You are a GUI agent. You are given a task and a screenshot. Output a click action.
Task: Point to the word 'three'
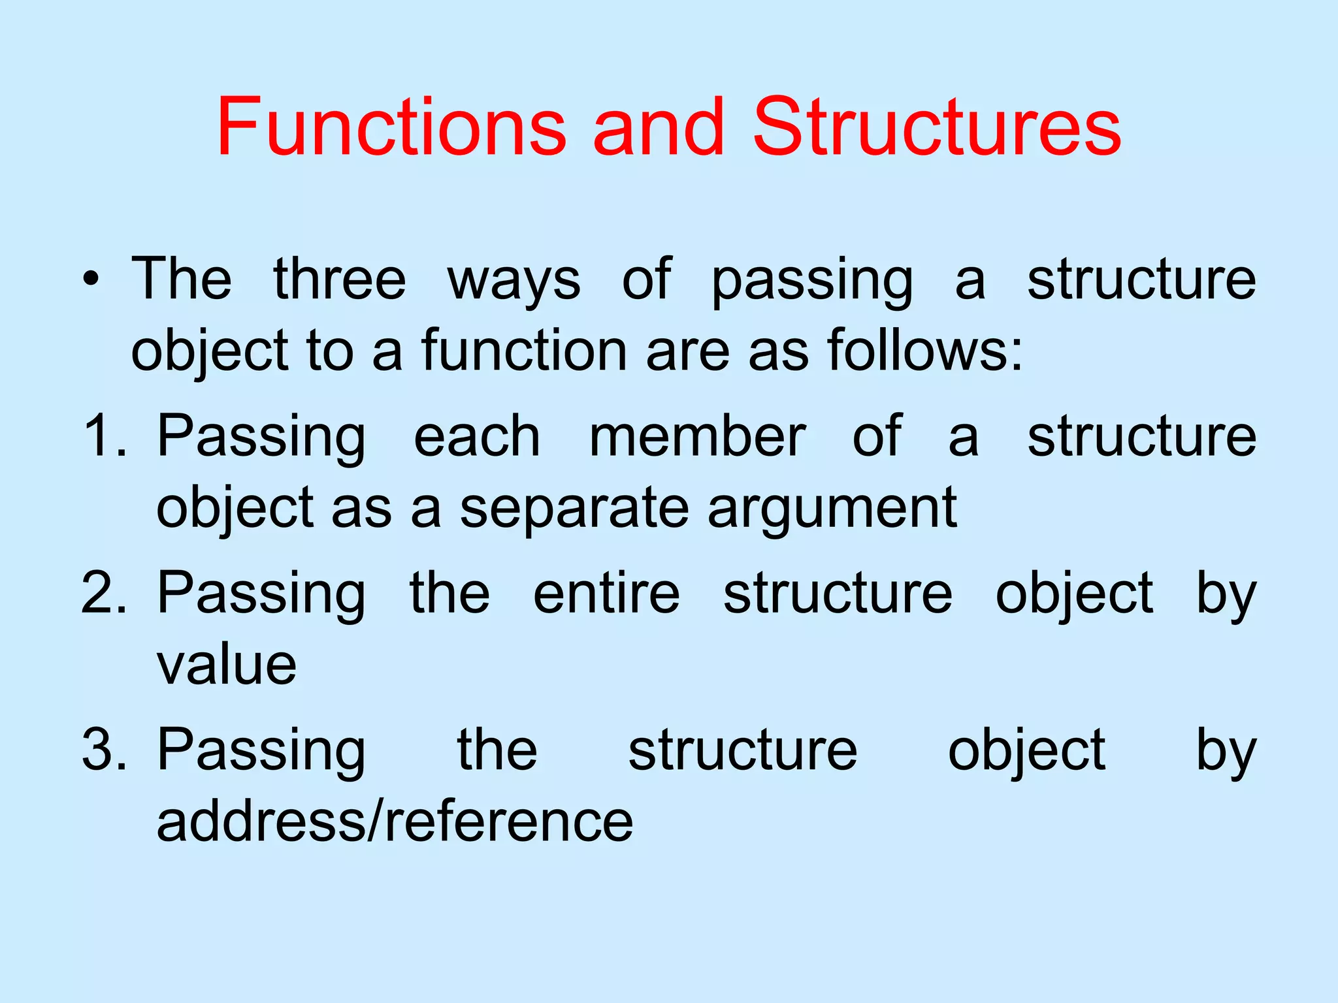(x=340, y=279)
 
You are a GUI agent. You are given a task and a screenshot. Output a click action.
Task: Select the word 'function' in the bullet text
(x=525, y=351)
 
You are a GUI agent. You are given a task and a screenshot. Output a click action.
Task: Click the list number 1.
(x=103, y=436)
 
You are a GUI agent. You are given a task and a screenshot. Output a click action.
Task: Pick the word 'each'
(x=477, y=436)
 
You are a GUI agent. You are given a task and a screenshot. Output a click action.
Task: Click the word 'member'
(x=698, y=436)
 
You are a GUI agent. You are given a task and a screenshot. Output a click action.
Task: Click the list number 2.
(x=103, y=592)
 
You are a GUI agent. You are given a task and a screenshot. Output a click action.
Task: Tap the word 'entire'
(x=606, y=592)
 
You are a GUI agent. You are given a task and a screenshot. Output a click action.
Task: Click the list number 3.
(x=103, y=750)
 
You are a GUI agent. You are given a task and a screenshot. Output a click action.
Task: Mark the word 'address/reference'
(x=395, y=821)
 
